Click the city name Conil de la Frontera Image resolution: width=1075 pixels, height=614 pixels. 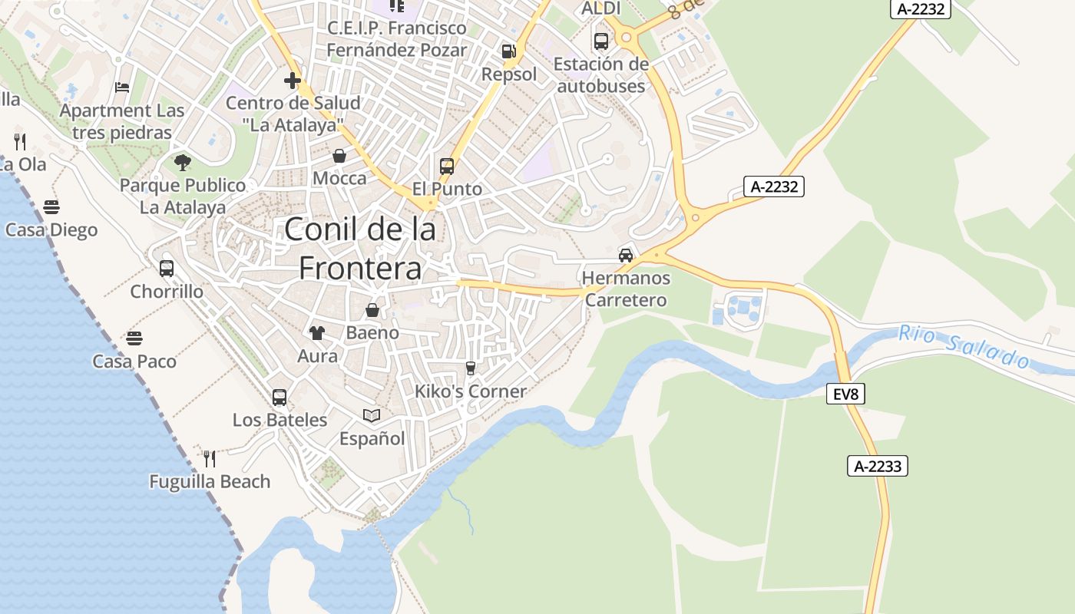(x=360, y=249)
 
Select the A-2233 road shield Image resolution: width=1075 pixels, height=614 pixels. (x=878, y=466)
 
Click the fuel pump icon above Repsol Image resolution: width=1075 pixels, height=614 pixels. (x=508, y=51)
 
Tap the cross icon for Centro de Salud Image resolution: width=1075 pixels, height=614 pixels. (x=292, y=80)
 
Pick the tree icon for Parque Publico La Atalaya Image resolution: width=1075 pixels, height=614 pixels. (x=183, y=162)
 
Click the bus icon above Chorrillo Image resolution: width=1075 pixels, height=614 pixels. (x=167, y=268)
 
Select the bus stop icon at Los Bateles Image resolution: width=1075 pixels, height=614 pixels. (x=279, y=397)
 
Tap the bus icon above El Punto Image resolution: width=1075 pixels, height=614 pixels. (x=447, y=166)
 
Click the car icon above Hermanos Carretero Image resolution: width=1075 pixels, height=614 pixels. (x=626, y=255)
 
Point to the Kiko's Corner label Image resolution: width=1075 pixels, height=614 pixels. (x=471, y=391)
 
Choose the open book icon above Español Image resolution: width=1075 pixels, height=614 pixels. (x=372, y=415)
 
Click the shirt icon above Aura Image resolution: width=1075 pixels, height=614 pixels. (x=317, y=332)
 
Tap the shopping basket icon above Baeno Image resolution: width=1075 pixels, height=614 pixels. (x=372, y=310)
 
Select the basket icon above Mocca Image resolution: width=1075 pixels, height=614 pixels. (x=339, y=156)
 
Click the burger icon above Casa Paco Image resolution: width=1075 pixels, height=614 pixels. (x=134, y=338)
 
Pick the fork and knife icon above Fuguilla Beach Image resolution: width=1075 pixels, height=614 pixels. (x=210, y=458)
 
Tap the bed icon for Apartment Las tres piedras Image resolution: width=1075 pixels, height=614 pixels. (x=122, y=87)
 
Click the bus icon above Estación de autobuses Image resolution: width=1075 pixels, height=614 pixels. (x=601, y=41)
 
